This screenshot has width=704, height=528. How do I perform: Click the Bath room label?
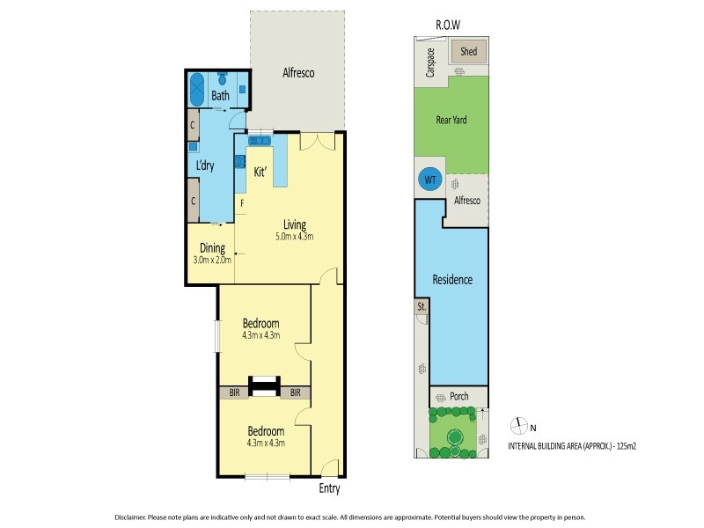220,96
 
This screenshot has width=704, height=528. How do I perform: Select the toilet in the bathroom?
222,78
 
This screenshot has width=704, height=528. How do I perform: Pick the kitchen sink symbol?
260,141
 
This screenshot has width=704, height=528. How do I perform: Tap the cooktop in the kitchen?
239,161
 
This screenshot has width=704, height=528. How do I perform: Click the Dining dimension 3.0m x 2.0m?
212,260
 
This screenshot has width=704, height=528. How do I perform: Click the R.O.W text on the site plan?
448,26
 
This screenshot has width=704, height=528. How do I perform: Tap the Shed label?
468,52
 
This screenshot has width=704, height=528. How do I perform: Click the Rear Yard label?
451,121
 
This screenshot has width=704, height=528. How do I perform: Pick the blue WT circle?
430,180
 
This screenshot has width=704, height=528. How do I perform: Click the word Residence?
452,280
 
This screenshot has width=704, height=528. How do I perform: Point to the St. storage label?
422,307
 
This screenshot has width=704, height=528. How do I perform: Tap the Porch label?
458,396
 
